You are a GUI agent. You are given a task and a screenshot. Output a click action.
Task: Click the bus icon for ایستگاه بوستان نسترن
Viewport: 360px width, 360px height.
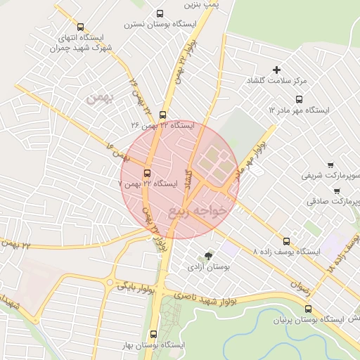[x=160, y=13]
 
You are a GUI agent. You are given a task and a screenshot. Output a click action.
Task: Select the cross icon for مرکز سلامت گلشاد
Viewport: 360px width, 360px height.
[x=277, y=70]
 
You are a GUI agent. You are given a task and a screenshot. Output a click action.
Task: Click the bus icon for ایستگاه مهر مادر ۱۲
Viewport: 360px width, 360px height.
[x=300, y=99]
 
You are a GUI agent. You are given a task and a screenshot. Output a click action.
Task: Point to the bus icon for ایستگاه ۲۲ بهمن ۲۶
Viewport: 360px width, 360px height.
[x=163, y=115]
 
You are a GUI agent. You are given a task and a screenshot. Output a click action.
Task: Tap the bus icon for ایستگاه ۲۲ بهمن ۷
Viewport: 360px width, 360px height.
[x=147, y=173]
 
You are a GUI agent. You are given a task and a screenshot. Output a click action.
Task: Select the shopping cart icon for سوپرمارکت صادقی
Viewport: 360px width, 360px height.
[x=336, y=190]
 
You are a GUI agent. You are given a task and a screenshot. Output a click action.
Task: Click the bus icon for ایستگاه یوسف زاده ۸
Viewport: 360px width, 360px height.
[x=285, y=240]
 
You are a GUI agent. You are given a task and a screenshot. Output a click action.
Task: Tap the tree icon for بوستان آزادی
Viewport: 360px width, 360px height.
[x=208, y=256]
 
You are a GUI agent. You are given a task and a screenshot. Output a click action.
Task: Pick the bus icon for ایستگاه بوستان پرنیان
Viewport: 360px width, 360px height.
[x=308, y=309]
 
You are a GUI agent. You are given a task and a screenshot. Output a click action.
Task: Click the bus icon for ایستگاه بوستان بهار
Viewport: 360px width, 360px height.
[x=154, y=334]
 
